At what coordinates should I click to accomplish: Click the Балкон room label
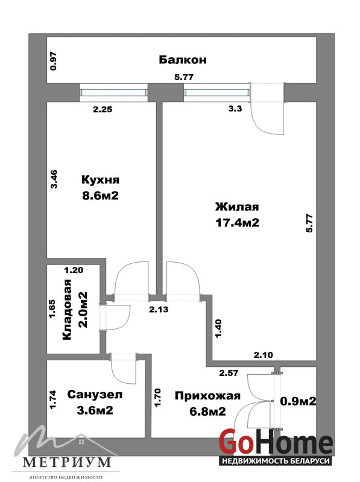183,60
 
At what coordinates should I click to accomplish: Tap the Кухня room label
100,180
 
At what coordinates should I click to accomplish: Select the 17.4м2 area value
237,222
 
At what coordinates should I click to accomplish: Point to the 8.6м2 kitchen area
100,195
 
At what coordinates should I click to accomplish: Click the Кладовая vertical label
67,310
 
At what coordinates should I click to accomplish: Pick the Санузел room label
95,395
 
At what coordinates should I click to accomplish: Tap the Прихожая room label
207,396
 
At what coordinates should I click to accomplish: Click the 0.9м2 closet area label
298,401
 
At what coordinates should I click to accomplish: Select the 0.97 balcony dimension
54,61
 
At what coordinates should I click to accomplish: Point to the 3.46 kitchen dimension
54,179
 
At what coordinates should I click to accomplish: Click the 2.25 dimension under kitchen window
103,109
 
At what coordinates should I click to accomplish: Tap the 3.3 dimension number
235,108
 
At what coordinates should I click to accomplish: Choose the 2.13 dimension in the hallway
159,309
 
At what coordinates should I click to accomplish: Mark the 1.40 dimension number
218,328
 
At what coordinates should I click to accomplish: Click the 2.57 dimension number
229,373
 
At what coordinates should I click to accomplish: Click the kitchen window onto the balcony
113,93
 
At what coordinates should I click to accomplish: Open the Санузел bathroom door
124,369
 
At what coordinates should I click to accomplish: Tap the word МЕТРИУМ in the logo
67,462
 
